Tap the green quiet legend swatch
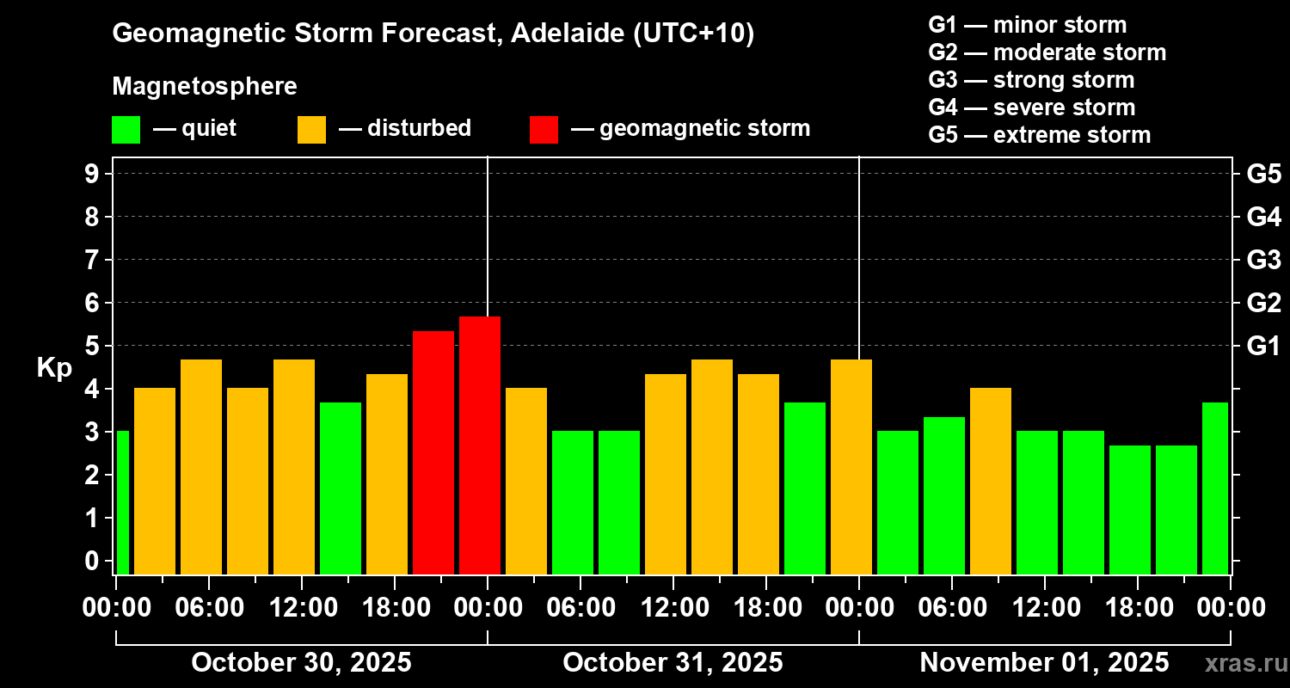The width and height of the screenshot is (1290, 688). (126, 130)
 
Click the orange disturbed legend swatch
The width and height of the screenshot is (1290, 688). (311, 130)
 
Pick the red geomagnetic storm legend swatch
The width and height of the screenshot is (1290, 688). (544, 130)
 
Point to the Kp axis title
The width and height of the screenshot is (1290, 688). (53, 368)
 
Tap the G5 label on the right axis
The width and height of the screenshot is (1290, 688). (1263, 174)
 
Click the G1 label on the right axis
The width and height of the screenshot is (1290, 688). (1263, 347)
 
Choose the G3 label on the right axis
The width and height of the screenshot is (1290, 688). (1263, 260)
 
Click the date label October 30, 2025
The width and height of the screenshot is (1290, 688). (301, 663)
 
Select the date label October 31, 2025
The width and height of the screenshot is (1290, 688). (673, 663)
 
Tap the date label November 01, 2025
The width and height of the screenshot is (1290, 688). (1044, 663)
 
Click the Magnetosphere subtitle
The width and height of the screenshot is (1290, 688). (205, 87)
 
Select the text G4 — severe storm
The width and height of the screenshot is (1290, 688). (1031, 107)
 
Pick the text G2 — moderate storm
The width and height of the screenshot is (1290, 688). (1047, 52)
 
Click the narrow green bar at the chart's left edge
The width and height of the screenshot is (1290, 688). (122, 502)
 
